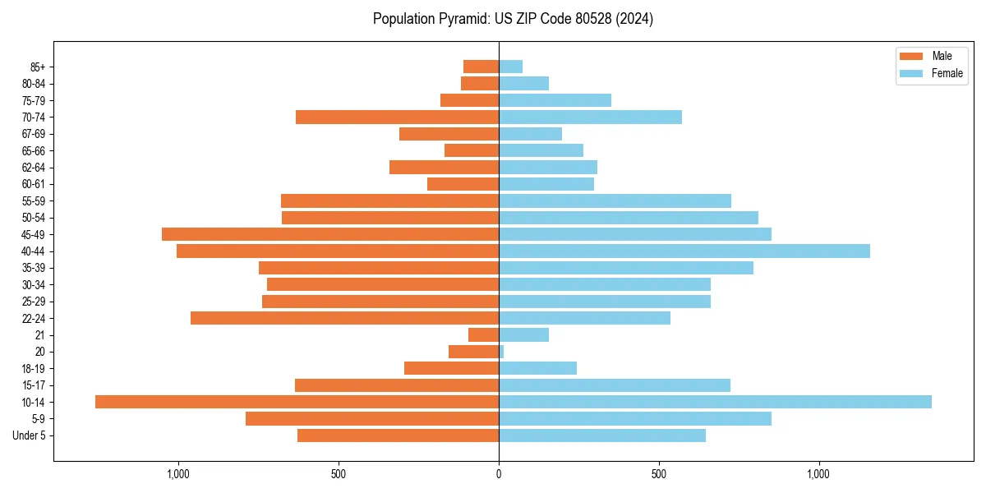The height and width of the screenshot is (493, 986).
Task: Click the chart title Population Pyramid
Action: [x=513, y=19]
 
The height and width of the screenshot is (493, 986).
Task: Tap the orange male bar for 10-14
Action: [x=297, y=402]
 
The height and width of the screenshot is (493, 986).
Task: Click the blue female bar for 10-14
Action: [x=715, y=402]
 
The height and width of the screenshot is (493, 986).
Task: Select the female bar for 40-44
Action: [x=684, y=251]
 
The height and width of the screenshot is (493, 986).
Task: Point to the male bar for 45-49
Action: [x=330, y=234]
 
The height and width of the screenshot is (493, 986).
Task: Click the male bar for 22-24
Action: [x=344, y=318]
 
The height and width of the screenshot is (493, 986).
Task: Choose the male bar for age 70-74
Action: [x=397, y=117]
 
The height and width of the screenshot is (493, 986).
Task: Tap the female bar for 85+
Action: [x=510, y=67]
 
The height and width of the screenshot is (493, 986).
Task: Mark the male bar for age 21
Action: [x=483, y=334]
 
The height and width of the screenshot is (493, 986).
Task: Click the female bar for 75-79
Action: [x=555, y=100]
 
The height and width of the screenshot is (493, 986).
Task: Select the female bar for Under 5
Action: [x=601, y=435]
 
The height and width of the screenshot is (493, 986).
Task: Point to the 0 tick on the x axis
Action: [x=499, y=474]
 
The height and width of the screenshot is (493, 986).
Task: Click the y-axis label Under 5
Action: [x=29, y=435]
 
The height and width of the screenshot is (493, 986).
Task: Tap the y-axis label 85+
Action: [x=36, y=67]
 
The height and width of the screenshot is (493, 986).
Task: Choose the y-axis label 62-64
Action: [x=34, y=167]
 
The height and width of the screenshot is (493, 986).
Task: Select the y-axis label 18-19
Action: [x=34, y=368]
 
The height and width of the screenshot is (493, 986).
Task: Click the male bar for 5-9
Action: [x=371, y=418]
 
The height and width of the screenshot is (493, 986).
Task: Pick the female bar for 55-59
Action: [x=615, y=200]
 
